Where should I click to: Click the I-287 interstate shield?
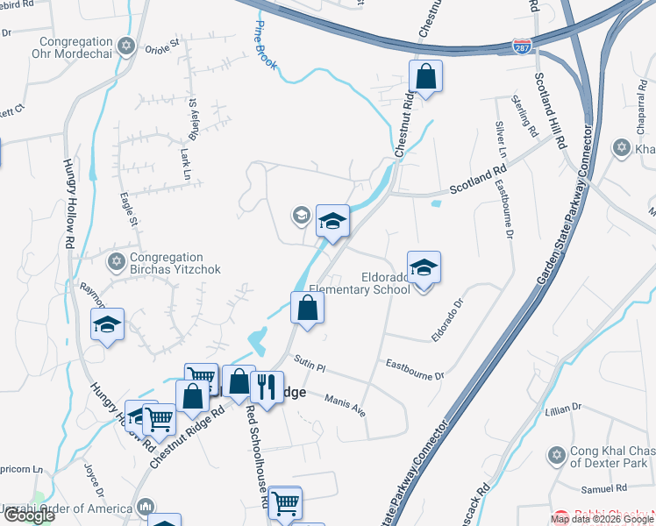523,46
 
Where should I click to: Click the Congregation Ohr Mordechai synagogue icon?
125,46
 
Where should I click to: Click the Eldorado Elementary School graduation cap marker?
424,268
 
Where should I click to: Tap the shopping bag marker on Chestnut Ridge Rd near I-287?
425,76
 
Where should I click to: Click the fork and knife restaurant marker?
266,386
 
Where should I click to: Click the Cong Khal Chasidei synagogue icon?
555,456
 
